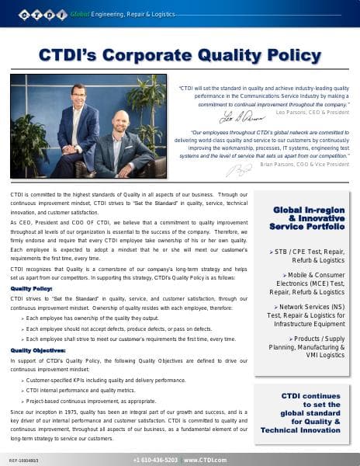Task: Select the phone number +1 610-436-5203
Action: [155, 460]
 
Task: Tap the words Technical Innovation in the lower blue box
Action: [301, 429]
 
